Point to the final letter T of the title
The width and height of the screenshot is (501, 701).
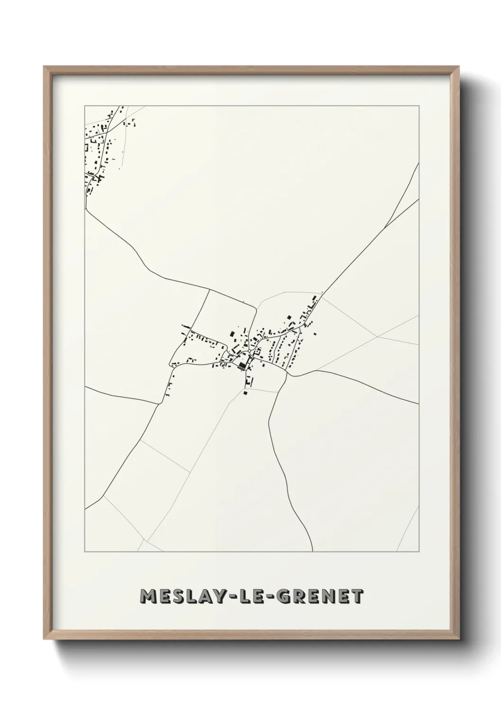357,596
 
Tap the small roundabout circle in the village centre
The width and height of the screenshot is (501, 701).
250,351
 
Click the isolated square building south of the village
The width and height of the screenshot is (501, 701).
245,392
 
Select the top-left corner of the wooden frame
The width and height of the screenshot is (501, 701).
44,67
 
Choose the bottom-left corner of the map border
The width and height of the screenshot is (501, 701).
85,551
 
